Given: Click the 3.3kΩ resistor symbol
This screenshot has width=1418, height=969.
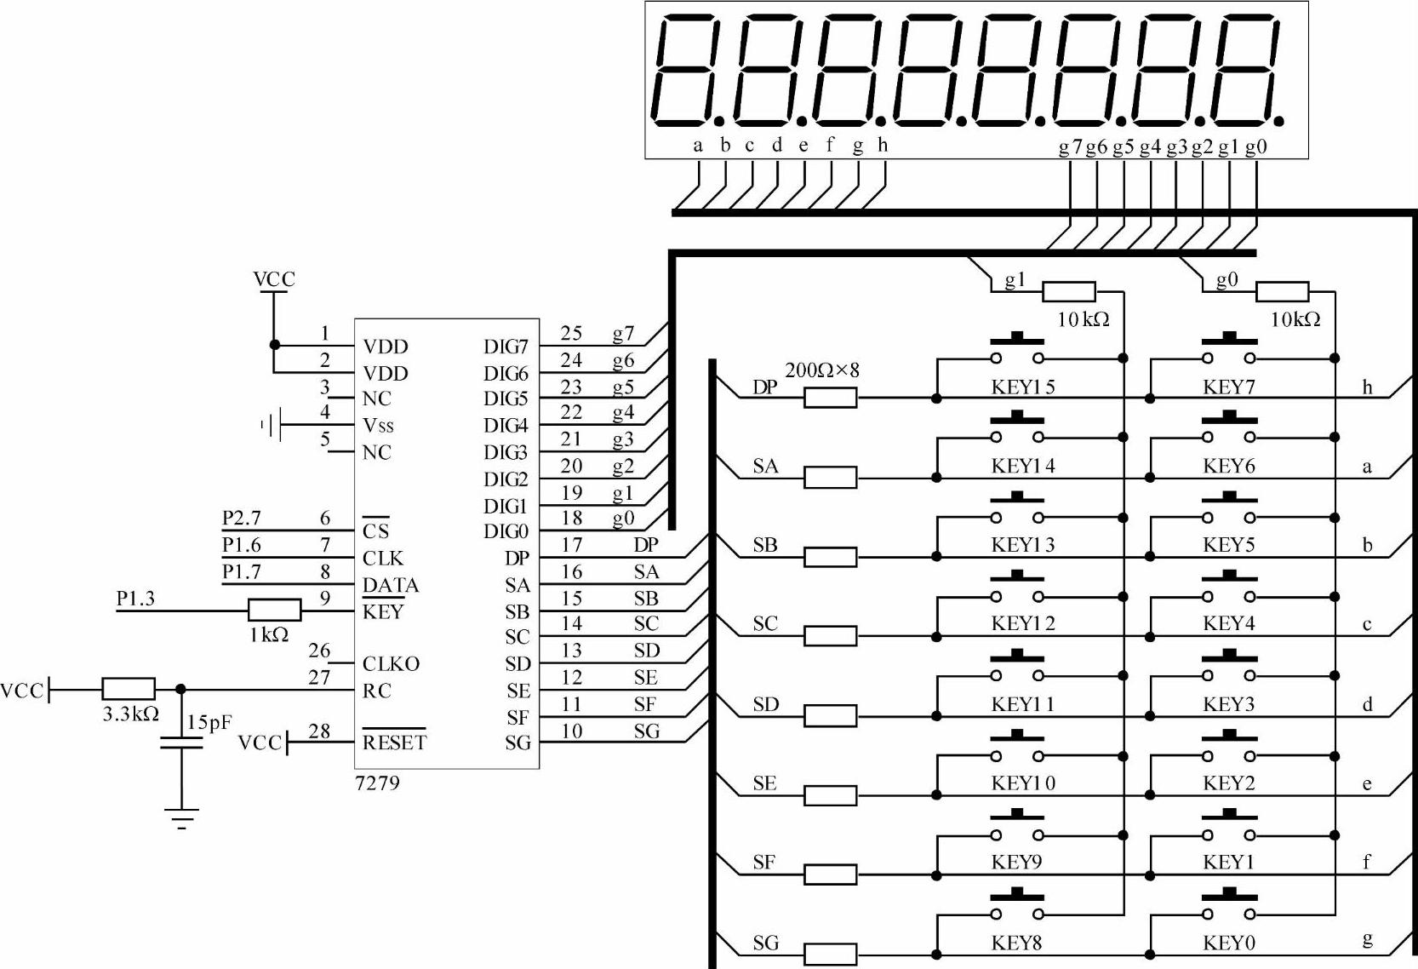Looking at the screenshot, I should tap(129, 689).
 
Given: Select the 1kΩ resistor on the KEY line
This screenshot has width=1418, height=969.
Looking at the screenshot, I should tap(274, 610).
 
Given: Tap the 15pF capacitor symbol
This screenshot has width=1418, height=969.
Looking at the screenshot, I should tap(181, 743).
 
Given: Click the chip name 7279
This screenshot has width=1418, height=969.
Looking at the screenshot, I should tap(377, 783).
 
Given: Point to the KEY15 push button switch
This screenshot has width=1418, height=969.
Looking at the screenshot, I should tap(1016, 351).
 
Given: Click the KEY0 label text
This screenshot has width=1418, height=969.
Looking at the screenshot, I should tap(1228, 943).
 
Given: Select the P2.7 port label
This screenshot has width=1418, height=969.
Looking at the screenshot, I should tap(241, 518).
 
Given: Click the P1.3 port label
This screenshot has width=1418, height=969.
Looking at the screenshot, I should tap(135, 599).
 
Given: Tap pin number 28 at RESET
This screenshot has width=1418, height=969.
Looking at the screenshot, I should tap(319, 731).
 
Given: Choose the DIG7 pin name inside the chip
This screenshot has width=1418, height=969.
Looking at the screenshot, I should tap(506, 347).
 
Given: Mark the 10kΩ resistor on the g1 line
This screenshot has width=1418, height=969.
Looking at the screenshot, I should tap(1068, 292).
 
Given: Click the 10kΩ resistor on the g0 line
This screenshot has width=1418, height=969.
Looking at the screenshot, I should tap(1282, 292).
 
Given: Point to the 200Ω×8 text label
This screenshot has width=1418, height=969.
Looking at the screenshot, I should tap(821, 370).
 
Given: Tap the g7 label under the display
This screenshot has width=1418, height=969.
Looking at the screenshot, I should tap(1070, 146).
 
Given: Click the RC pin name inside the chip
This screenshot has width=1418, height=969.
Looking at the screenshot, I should tap(376, 691).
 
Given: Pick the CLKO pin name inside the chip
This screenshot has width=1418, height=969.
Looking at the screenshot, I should tap(391, 663).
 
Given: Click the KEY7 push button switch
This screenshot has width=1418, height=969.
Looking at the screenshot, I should tap(1228, 351).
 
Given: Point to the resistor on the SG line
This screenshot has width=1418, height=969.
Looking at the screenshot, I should tap(830, 954).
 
